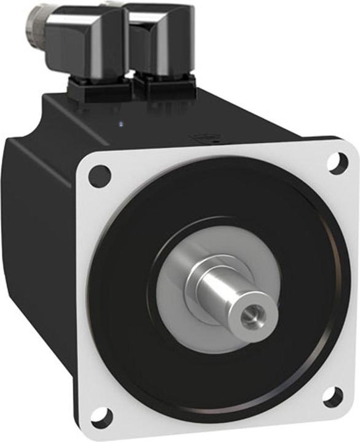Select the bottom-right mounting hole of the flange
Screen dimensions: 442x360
[332, 397]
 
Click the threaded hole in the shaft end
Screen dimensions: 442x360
[250, 316]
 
